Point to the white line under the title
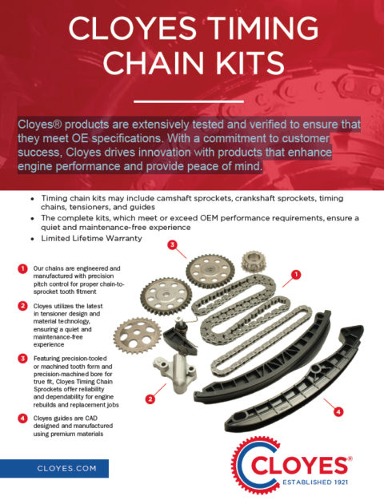click(x=192, y=101)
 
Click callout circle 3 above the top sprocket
click(x=172, y=245)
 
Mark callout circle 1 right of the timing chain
click(x=296, y=274)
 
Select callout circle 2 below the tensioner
click(x=149, y=399)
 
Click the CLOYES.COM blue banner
click(x=54, y=469)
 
